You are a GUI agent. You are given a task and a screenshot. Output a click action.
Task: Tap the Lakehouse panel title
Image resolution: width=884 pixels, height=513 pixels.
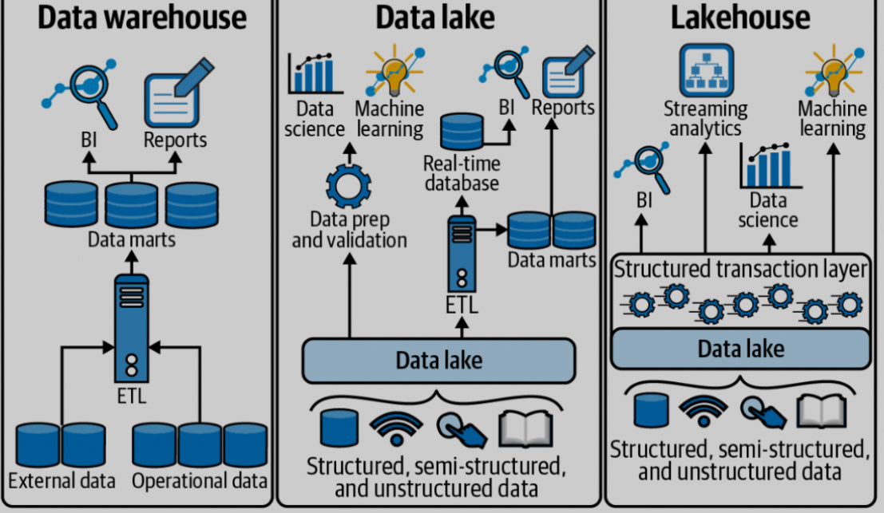(x=740, y=18)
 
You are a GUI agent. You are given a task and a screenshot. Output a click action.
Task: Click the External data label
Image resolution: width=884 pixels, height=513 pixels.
(x=61, y=481)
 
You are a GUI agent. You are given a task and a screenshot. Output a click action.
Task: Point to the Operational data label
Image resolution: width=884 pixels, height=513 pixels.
(x=199, y=481)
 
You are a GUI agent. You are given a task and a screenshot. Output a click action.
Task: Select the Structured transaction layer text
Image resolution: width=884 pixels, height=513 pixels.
(x=739, y=270)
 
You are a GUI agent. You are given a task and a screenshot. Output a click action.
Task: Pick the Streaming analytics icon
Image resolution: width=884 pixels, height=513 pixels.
(x=707, y=70)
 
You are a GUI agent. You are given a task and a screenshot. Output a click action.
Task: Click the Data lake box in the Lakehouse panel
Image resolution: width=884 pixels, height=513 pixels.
(x=740, y=348)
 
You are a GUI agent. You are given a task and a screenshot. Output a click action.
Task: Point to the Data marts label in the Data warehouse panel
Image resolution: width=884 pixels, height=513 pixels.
(x=131, y=239)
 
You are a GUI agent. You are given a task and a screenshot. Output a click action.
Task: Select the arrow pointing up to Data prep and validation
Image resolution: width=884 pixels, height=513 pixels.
(x=349, y=295)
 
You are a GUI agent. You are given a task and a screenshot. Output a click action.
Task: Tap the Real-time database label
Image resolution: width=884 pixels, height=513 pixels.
(x=461, y=172)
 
